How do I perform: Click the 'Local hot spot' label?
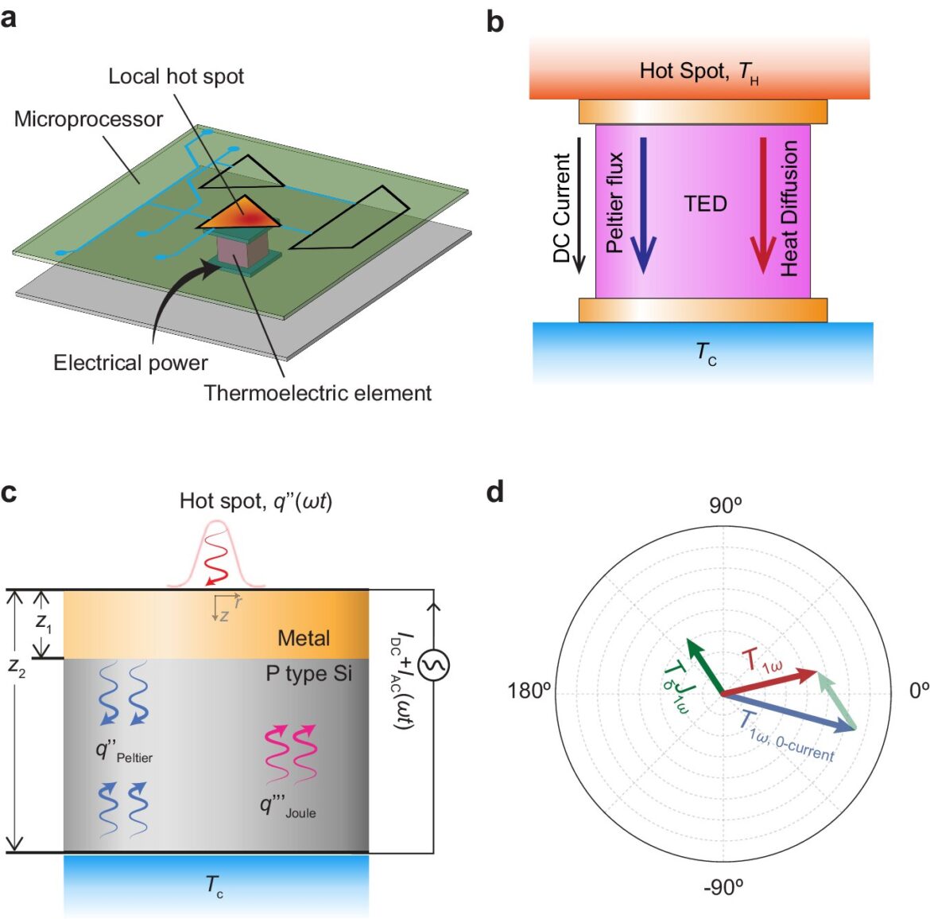pos(176,76)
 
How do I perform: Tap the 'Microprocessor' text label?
pos(88,119)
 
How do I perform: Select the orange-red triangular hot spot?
pos(239,212)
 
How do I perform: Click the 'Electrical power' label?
pos(130,363)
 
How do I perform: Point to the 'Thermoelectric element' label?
pos(317,393)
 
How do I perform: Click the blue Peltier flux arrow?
pos(643,205)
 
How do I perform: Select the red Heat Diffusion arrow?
pos(763,205)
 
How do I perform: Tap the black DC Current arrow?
pos(579,205)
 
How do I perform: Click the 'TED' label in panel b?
pos(705,204)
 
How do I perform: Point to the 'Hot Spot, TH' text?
pos(699,72)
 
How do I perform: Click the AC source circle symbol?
pos(433,665)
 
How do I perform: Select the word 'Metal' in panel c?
pos(304,638)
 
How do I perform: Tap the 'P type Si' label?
pos(308,674)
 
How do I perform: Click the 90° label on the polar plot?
pos(726,506)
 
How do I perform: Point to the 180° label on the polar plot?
pos(529,691)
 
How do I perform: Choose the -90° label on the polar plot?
pos(723,887)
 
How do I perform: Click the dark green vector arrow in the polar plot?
pos(704,666)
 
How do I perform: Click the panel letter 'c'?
pos(8,493)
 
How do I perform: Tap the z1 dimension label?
pos(43,622)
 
